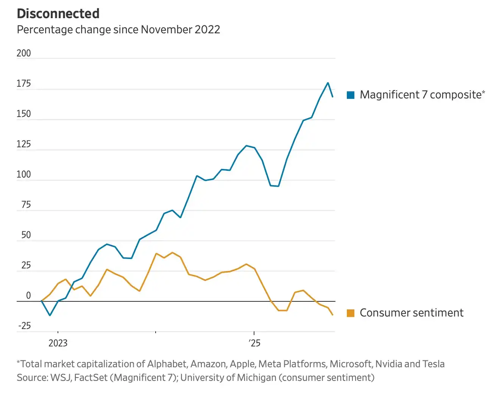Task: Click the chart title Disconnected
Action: (58, 14)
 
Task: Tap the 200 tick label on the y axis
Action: (23, 53)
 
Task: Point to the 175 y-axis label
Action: (23, 83)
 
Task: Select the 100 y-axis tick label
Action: (23, 175)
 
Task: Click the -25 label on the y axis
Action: (24, 326)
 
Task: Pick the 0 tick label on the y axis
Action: (28, 296)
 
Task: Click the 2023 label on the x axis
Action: (58, 343)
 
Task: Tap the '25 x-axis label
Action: (254, 343)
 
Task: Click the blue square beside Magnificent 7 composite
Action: (351, 95)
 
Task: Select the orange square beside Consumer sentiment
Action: (351, 313)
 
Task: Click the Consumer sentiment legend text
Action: (411, 313)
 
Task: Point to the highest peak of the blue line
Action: (328, 83)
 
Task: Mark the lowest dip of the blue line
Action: (50, 315)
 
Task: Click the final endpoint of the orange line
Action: (333, 315)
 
